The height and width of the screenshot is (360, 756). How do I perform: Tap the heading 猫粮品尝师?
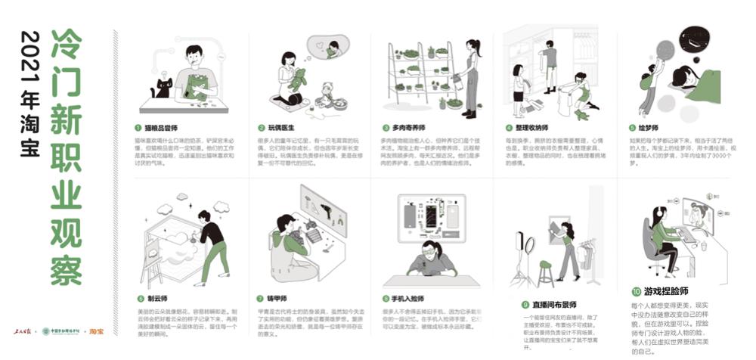point(163,129)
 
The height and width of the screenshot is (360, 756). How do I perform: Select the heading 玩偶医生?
point(283,129)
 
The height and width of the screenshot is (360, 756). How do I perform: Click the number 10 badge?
point(636,290)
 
